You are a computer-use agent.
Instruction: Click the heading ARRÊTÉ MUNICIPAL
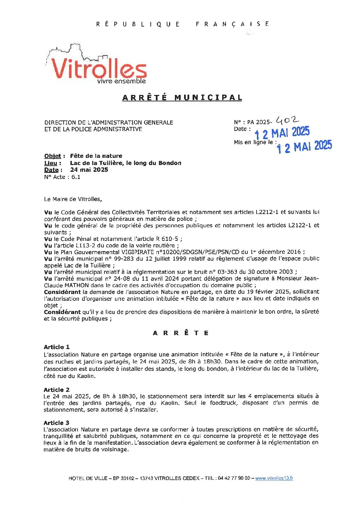pyautogui.click(x=182, y=98)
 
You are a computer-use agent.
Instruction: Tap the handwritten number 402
pyautogui.click(x=287, y=120)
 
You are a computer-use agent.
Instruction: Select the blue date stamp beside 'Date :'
pyautogui.click(x=282, y=133)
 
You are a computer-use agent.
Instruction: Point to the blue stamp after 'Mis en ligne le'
pyautogui.click(x=304, y=147)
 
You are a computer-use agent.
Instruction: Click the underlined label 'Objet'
pyautogui.click(x=52, y=156)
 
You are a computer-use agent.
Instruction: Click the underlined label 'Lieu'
pyautogui.click(x=51, y=163)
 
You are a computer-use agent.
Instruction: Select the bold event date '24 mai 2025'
pyautogui.click(x=89, y=170)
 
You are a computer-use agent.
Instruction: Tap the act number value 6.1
pyautogui.click(x=76, y=177)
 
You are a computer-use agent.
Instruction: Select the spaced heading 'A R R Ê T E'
pyautogui.click(x=181, y=333)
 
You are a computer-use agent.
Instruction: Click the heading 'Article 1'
pyautogui.click(x=56, y=347)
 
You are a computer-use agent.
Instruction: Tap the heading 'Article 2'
pyautogui.click(x=56, y=390)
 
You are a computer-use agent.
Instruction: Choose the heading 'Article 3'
pyautogui.click(x=56, y=423)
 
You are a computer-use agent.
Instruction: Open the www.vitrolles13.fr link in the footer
pyautogui.click(x=274, y=478)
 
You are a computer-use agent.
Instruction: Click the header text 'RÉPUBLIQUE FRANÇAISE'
pyautogui.click(x=182, y=24)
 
